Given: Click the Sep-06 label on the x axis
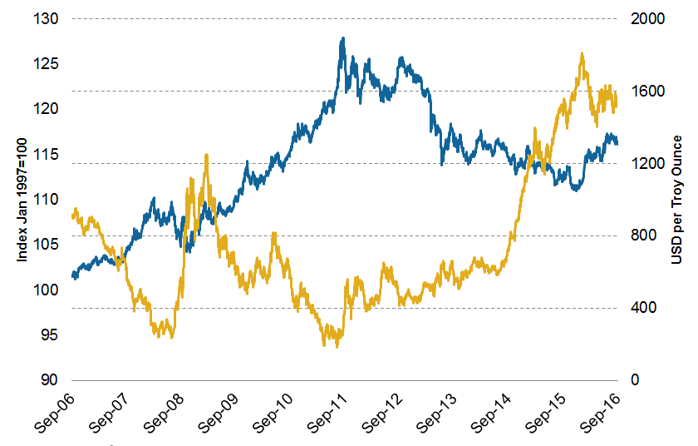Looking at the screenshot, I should coord(54,415).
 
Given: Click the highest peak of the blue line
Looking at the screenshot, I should coord(342,38).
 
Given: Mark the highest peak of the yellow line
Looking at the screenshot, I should coord(582,54).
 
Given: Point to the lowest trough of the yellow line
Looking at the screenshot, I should coord(337,345).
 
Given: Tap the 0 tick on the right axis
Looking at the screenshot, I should coord(633,380).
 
